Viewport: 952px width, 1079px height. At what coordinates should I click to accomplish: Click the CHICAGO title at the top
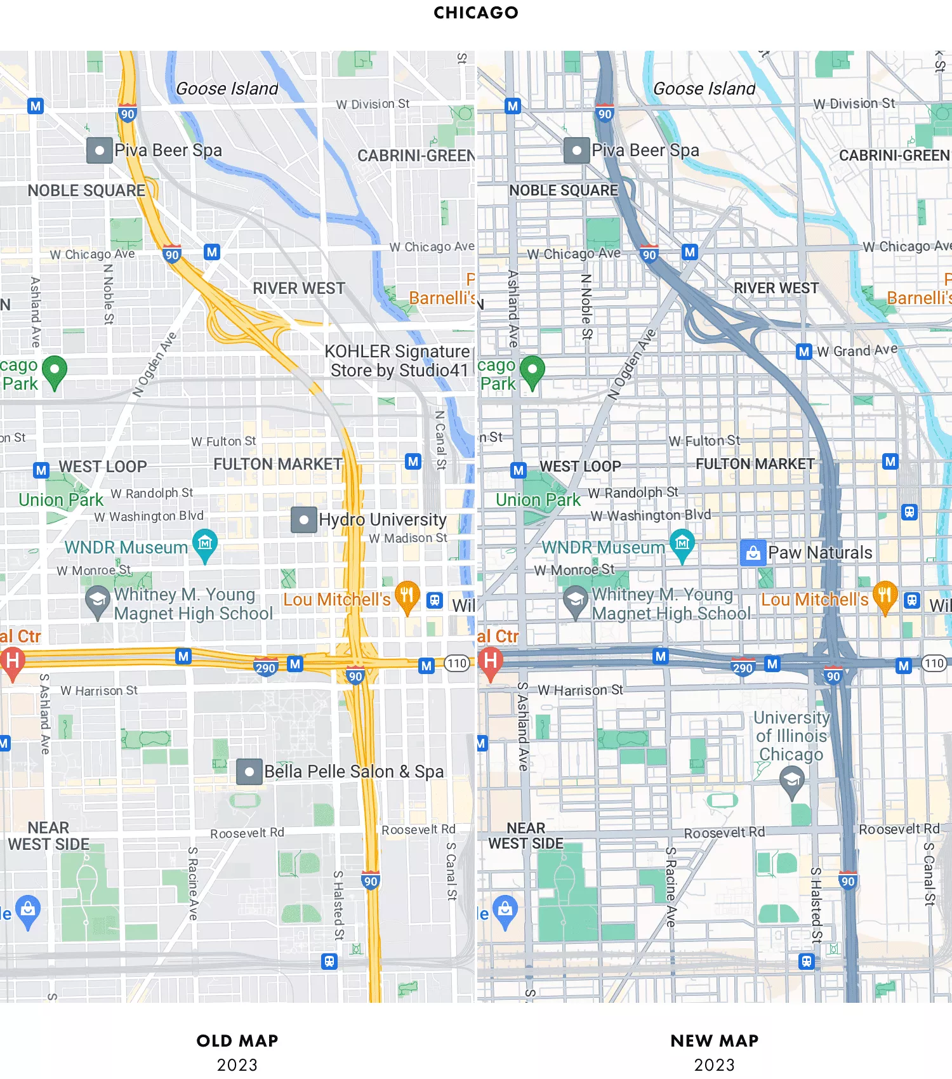475,13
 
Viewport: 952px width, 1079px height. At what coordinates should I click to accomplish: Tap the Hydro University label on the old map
382,520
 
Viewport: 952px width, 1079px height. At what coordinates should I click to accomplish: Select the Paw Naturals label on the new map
820,553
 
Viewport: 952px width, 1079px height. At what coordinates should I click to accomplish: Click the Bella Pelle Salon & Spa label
354,772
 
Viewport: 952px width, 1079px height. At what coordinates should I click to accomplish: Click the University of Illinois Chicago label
791,736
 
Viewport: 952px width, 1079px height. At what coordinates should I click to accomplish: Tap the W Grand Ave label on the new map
857,350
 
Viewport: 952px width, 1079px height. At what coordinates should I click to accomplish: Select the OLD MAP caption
237,1041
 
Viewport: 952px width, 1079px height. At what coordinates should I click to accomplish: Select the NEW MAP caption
714,1041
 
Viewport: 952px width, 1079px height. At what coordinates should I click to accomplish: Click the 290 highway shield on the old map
265,668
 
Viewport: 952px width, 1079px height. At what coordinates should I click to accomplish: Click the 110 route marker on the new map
934,664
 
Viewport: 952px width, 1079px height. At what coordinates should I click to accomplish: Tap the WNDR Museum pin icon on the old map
205,545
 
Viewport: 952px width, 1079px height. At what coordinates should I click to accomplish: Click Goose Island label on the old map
227,89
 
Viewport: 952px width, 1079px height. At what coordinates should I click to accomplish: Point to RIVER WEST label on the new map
776,288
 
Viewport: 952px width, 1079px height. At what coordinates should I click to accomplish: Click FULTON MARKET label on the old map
277,465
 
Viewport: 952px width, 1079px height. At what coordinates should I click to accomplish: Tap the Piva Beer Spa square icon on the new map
576,151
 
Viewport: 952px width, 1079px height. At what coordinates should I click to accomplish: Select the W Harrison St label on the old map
99,691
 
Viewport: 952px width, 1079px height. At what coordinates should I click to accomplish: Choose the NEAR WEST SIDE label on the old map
49,836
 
